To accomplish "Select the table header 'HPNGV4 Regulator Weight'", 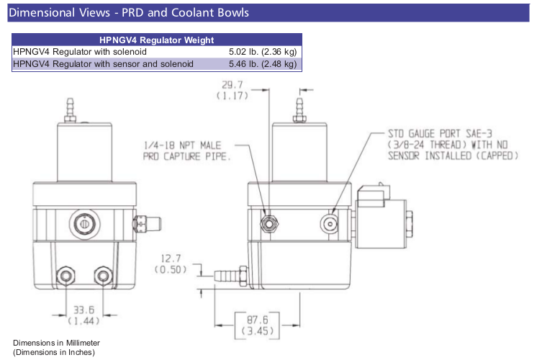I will [156, 40].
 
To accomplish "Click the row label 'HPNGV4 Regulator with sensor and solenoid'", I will [104, 64].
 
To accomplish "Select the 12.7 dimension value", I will [171, 258].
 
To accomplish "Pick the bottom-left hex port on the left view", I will [66, 275].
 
